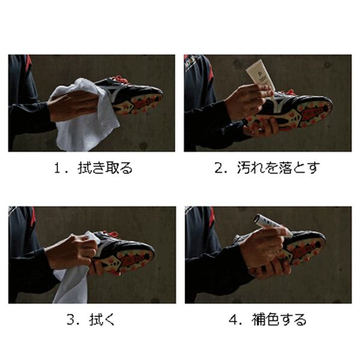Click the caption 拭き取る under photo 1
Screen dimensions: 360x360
click(x=105, y=168)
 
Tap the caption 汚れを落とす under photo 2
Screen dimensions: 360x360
click(x=278, y=167)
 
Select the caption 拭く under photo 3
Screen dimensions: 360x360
click(x=102, y=319)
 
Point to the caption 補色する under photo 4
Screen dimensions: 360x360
click(x=279, y=319)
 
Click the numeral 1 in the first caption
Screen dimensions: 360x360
click(x=57, y=168)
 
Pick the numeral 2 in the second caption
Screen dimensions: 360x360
click(x=218, y=168)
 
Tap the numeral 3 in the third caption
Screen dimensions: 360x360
click(x=70, y=319)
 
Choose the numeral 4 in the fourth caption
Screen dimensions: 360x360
click(x=233, y=320)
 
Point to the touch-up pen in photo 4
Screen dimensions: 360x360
click(x=272, y=225)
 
